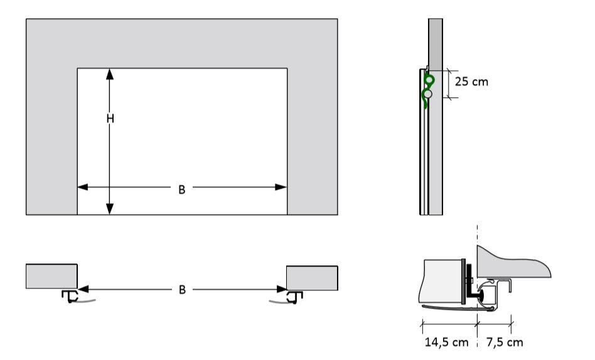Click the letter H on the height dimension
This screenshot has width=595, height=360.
110,119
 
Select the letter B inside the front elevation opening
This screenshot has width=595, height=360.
181,189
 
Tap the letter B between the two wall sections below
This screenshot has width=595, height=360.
181,290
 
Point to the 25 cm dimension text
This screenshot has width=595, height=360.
471,82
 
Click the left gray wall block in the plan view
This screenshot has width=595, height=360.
51,276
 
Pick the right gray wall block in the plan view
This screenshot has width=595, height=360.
312,277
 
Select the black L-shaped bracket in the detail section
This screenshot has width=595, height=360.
470,282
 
